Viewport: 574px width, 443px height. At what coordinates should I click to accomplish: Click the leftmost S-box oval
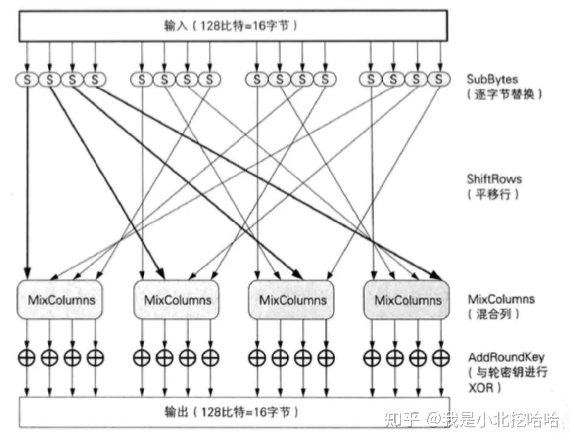pyautogui.click(x=27, y=80)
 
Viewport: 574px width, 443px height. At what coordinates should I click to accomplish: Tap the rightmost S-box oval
pyautogui.click(x=438, y=79)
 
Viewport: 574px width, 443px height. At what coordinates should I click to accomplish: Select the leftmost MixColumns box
pyautogui.click(x=60, y=300)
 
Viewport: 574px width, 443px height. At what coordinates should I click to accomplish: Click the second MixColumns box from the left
pyautogui.click(x=177, y=300)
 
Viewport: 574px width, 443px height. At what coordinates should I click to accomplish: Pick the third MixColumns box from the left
pyautogui.click(x=291, y=300)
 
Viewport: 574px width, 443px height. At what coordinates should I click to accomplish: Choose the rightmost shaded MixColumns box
pyautogui.click(x=406, y=300)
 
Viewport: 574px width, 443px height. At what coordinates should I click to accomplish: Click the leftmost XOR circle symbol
pyautogui.click(x=27, y=357)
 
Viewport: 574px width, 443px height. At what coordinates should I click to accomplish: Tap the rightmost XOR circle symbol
pyautogui.click(x=441, y=357)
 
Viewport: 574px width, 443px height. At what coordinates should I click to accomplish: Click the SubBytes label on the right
pyautogui.click(x=492, y=79)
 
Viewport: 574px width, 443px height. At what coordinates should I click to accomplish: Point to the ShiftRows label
pyautogui.click(x=494, y=179)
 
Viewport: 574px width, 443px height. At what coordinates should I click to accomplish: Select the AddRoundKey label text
pyautogui.click(x=506, y=356)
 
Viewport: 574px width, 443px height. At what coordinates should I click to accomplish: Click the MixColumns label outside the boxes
pyautogui.click(x=501, y=299)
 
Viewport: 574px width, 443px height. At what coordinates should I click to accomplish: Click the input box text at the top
pyautogui.click(x=231, y=26)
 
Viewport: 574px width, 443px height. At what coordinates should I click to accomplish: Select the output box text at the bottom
pyautogui.click(x=232, y=412)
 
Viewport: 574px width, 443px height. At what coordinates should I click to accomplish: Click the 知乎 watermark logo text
pyautogui.click(x=402, y=419)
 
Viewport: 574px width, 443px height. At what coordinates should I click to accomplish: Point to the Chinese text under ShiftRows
pyautogui.click(x=493, y=194)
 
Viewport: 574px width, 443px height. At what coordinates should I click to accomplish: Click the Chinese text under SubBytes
pyautogui.click(x=504, y=94)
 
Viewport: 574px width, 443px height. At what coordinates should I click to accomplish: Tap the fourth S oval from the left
pyautogui.click(x=95, y=80)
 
